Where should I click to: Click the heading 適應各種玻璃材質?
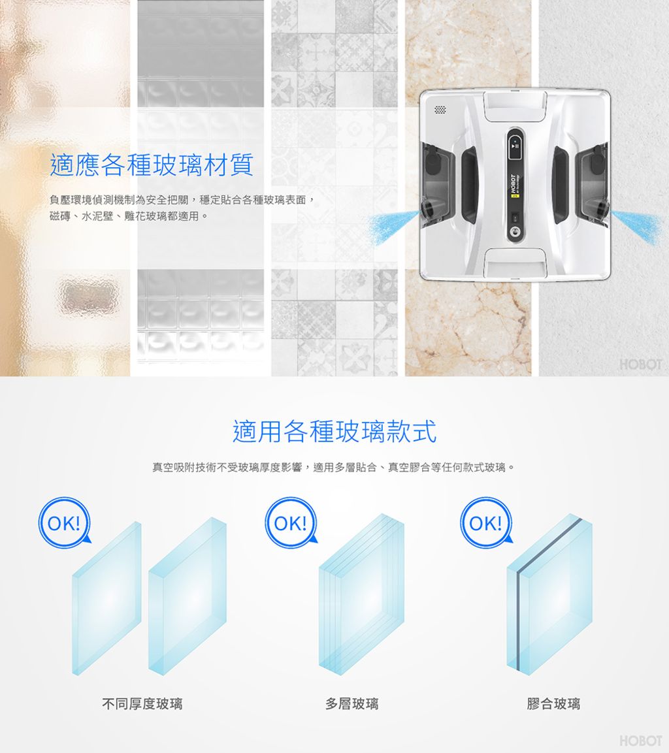tap(152, 165)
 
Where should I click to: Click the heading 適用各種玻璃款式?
tap(334, 431)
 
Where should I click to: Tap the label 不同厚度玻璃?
tap(142, 704)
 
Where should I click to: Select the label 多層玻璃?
tap(352, 704)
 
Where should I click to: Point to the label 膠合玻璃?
tap(554, 704)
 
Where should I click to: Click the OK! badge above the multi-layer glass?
tap(291, 523)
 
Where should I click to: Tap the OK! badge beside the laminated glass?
tap(486, 523)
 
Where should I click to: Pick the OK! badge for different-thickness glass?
tap(65, 523)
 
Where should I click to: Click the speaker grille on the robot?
tap(440, 110)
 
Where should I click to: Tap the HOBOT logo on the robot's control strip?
tap(512, 184)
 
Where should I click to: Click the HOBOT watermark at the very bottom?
tap(641, 741)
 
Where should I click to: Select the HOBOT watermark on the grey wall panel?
tap(641, 364)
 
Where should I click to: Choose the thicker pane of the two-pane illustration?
tap(188, 596)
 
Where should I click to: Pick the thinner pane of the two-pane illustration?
tap(106, 598)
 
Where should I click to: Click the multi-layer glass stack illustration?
tap(362, 594)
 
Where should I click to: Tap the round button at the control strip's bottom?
tap(515, 231)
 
